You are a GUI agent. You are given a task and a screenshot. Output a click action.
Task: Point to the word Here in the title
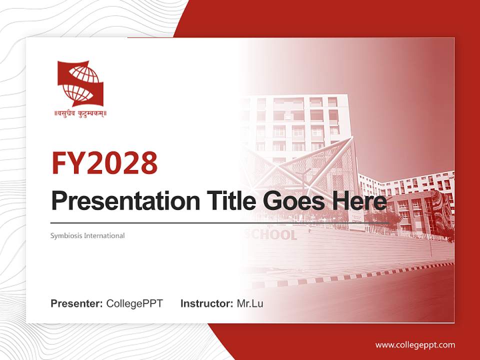tap(359, 201)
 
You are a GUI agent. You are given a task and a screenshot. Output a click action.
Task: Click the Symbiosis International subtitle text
tap(87, 235)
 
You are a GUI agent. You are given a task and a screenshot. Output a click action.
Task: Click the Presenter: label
tap(77, 303)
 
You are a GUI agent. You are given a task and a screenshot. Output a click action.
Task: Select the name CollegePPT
tap(134, 303)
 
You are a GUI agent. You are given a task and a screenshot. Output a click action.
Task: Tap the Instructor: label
tap(206, 303)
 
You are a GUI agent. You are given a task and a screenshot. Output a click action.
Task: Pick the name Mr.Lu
tap(250, 303)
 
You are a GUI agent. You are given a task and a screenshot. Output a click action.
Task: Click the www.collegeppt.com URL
tap(415, 344)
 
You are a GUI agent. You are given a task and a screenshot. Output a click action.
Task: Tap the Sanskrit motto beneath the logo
tap(80, 113)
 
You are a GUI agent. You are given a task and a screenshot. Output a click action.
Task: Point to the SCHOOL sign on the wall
tap(272, 235)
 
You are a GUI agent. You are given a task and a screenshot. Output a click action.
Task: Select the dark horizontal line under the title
tap(220, 222)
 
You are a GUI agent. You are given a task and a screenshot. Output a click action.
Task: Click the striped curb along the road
tap(360, 274)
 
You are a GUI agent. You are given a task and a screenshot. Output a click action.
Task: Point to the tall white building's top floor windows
tap(295, 102)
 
